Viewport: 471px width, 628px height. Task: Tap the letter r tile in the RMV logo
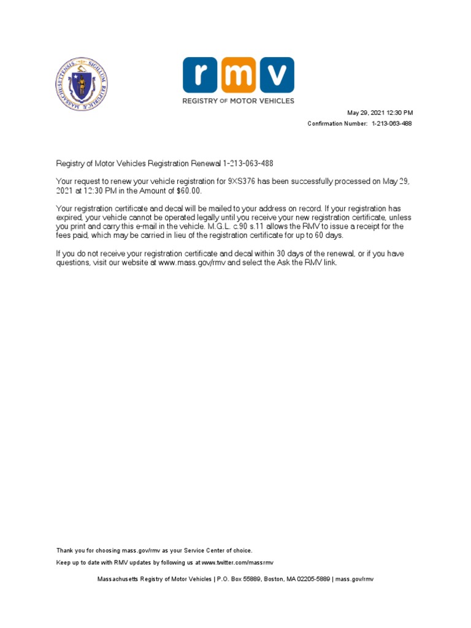click(x=201, y=75)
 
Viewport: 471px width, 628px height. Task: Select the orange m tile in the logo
click(x=239, y=75)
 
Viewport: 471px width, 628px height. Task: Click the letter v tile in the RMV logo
click(x=276, y=75)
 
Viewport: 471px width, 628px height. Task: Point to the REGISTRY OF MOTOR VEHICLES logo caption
click(x=238, y=101)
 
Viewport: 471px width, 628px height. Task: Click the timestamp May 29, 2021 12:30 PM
click(x=380, y=113)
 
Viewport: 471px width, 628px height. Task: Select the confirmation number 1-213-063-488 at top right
click(x=392, y=124)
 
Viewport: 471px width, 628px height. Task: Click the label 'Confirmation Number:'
click(x=338, y=124)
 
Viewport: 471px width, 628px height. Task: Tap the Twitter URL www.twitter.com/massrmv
click(x=237, y=562)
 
